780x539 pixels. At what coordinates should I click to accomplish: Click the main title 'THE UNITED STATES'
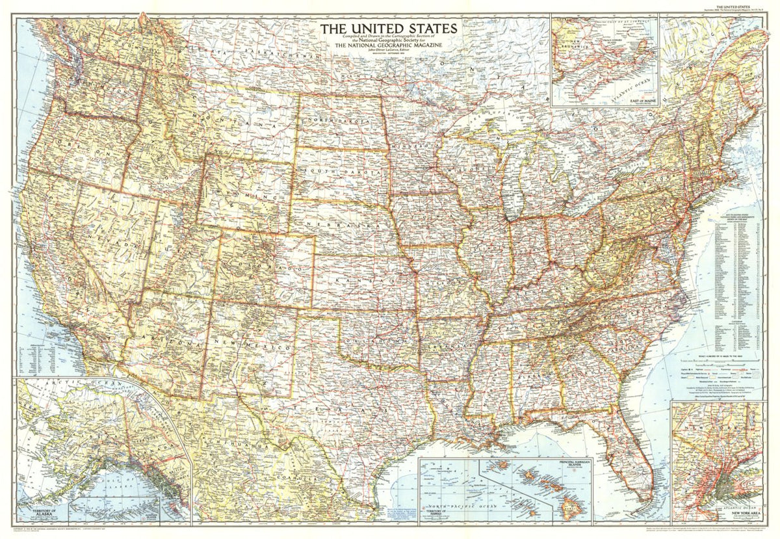tap(388, 29)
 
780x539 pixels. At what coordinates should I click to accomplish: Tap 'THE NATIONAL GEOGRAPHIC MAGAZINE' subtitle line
tap(388, 44)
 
